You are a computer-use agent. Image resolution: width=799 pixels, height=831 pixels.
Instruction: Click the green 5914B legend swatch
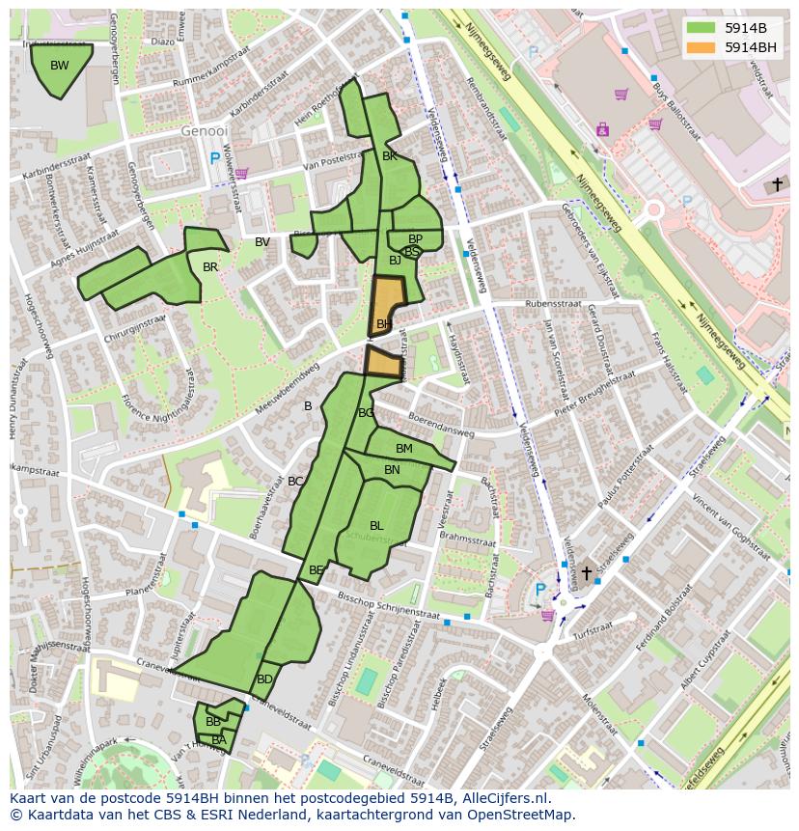[x=702, y=28]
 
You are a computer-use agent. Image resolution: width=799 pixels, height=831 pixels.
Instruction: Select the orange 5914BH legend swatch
[x=702, y=47]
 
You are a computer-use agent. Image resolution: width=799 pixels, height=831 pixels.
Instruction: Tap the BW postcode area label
[x=60, y=66]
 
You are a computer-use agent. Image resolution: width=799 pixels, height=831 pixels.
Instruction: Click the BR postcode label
[x=210, y=267]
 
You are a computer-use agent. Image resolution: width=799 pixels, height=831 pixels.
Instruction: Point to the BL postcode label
[x=376, y=526]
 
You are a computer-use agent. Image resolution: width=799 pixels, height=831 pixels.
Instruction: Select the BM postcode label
[x=404, y=449]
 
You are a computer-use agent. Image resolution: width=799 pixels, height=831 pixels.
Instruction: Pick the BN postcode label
[x=392, y=470]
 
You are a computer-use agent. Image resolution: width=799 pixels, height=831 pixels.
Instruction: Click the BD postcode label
[x=264, y=679]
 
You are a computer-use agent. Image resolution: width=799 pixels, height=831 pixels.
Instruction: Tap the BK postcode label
[x=390, y=155]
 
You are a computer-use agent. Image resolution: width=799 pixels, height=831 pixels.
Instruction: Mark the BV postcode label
[x=262, y=242]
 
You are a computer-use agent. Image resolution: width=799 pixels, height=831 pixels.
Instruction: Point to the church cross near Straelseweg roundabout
[x=586, y=573]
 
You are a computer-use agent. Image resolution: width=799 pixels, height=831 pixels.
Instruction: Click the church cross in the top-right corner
[x=778, y=183]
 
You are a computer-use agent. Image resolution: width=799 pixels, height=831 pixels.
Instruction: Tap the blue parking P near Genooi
[x=214, y=158]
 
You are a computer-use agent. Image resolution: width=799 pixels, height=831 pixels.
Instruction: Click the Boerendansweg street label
[x=441, y=426]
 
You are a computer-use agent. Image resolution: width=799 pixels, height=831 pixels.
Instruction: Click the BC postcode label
[x=295, y=482]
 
